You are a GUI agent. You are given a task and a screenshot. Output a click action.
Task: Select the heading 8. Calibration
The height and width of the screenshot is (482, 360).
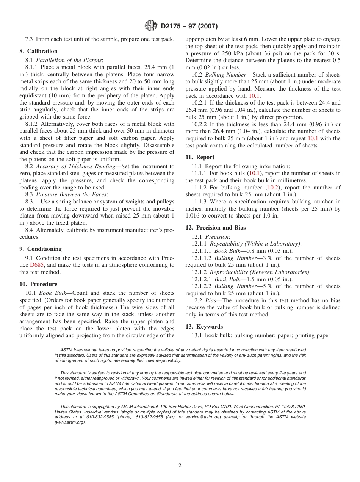pos(38,51)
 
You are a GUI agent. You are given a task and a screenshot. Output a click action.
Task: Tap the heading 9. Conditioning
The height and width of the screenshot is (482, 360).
pos(40,249)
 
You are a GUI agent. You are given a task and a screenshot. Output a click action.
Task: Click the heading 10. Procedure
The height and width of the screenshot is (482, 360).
pos(38,284)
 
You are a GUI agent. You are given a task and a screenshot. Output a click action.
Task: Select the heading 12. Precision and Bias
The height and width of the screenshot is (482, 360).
pos(215,228)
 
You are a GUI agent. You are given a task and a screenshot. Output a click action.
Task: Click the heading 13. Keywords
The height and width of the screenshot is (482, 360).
pos(204,327)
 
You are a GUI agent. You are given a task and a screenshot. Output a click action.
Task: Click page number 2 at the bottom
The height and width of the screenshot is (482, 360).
pos(180,466)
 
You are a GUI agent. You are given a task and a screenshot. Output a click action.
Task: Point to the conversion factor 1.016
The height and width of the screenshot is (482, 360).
pos(193,216)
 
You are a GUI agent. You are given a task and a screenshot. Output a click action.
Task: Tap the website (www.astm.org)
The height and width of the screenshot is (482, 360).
pos(70,422)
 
